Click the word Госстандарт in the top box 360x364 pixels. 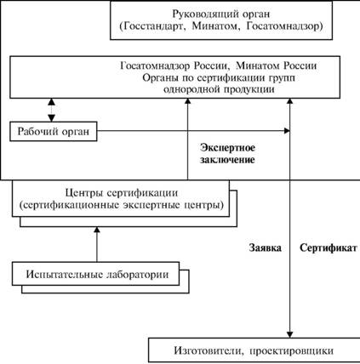click(x=154, y=26)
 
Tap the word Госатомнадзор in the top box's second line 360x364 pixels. click(x=283, y=26)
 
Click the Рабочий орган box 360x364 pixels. click(x=54, y=131)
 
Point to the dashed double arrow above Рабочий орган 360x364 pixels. click(x=51, y=110)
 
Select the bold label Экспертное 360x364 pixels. click(x=227, y=148)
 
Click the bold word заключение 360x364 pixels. click(x=227, y=160)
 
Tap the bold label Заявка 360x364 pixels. click(x=266, y=248)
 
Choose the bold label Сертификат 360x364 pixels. click(x=329, y=248)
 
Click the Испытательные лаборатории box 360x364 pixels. click(x=95, y=274)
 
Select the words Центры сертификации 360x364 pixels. click(x=122, y=193)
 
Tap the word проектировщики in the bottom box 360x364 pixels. click(x=292, y=351)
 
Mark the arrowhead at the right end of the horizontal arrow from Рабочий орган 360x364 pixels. click(x=287, y=131)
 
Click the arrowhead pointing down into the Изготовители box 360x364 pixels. click(x=289, y=335)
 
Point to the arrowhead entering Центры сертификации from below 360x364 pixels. click(x=97, y=230)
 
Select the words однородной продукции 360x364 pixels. click(x=219, y=89)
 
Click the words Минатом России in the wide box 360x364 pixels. click(x=277, y=65)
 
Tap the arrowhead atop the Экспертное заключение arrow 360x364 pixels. click(x=187, y=101)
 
